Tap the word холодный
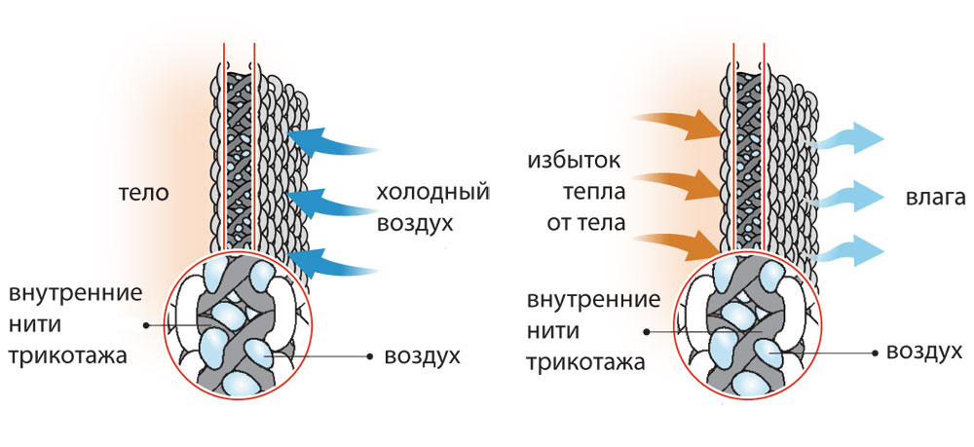click(x=431, y=193)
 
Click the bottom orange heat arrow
click(x=677, y=243)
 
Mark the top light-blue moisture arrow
click(x=847, y=139)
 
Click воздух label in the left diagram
click(x=419, y=356)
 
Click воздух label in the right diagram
click(x=923, y=352)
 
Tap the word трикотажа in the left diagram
click(x=67, y=355)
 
